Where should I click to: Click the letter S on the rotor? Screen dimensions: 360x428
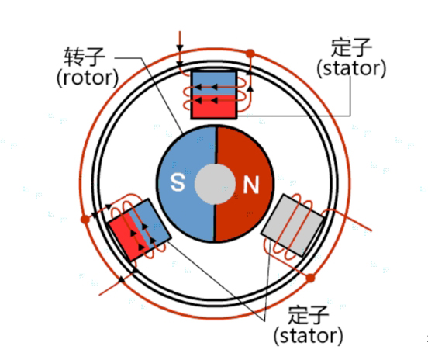tap(178, 184)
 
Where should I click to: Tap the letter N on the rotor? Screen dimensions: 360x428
tap(250, 185)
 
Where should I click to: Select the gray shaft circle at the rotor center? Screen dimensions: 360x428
tap(213, 184)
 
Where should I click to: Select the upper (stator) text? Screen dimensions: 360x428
tap(351, 68)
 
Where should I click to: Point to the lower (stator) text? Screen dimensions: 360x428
tap(307, 336)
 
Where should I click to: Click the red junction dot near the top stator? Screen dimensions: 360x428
tap(250, 54)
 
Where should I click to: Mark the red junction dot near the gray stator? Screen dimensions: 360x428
tap(312, 277)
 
